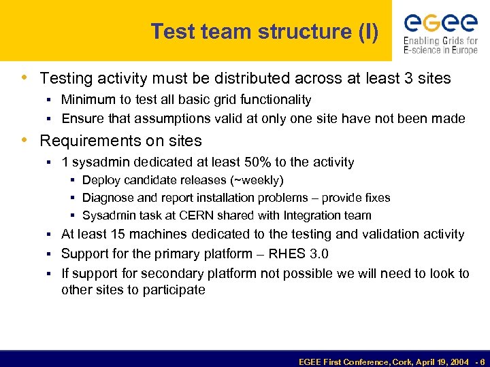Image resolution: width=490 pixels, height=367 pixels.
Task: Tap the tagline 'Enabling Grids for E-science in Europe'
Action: click(x=440, y=45)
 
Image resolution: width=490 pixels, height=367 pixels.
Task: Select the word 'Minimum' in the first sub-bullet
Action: click(x=86, y=100)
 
